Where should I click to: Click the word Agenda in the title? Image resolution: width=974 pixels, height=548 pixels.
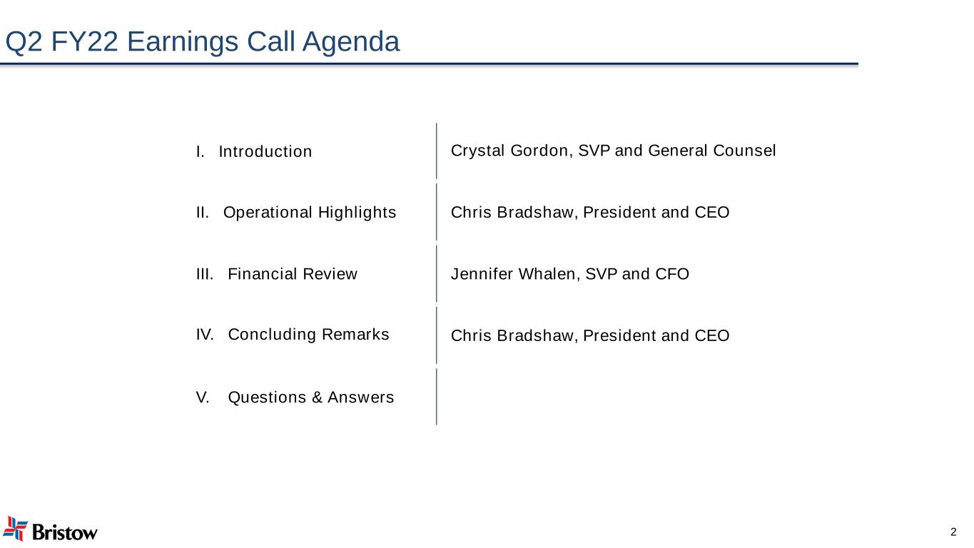tap(350, 43)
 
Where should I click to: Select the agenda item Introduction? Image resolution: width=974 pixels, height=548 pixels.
tap(265, 152)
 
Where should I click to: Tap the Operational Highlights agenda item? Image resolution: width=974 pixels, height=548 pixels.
tap(309, 213)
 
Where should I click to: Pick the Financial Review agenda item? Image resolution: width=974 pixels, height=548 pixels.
tap(292, 274)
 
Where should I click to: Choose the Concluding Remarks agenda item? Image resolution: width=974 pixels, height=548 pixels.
tap(308, 335)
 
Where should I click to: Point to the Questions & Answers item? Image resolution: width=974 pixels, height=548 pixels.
tap(310, 397)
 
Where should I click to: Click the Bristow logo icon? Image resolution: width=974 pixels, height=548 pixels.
tap(15, 528)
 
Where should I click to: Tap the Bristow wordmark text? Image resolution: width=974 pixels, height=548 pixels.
tap(65, 532)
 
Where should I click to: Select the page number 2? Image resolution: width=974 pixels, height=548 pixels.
tap(953, 532)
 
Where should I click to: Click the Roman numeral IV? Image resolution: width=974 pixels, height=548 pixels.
tap(205, 335)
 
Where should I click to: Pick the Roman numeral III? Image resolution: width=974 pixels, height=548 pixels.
tap(205, 274)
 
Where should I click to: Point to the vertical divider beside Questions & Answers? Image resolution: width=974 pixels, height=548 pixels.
tap(437, 397)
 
